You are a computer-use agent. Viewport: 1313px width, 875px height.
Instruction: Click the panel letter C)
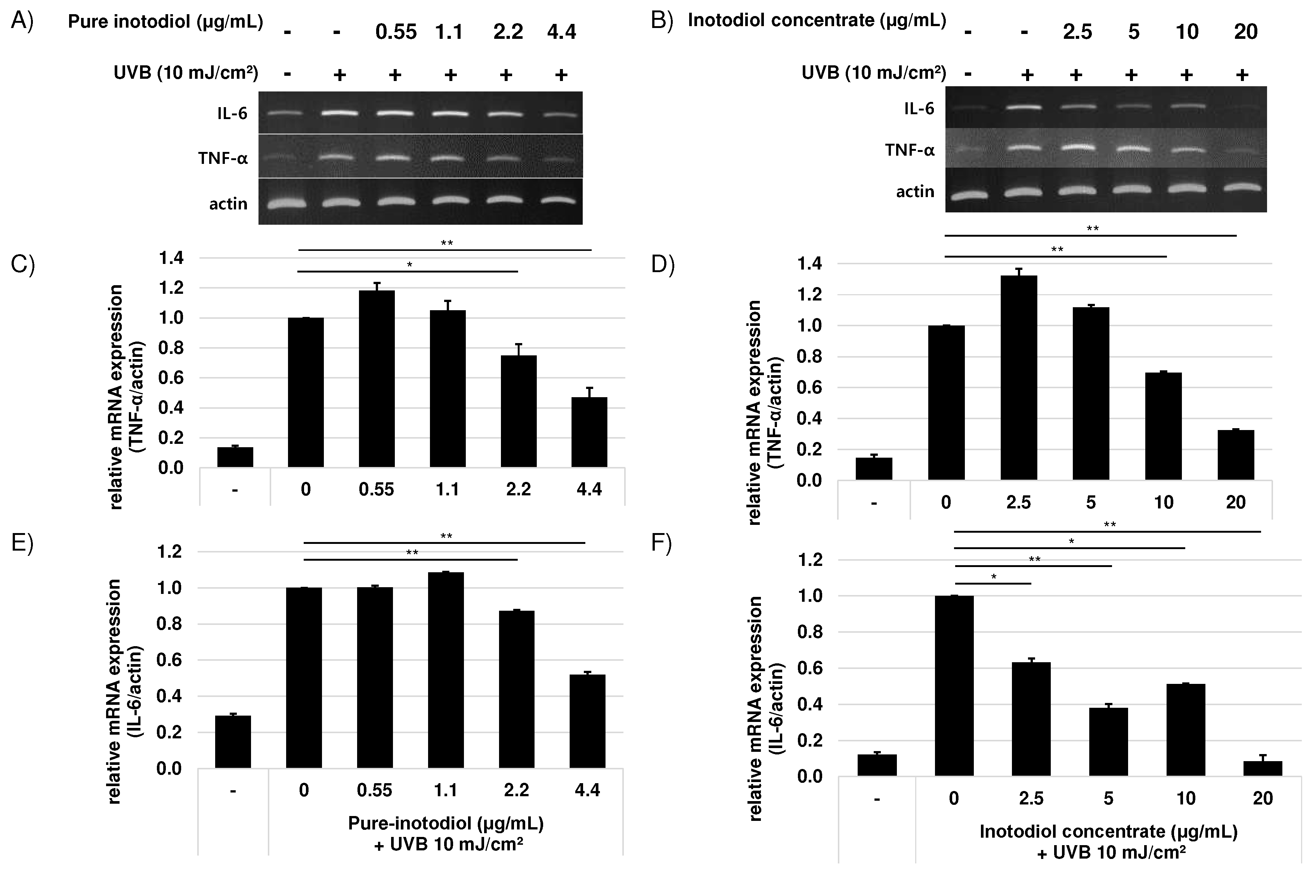tap(22, 265)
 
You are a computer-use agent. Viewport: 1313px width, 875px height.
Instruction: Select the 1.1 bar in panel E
tap(446, 670)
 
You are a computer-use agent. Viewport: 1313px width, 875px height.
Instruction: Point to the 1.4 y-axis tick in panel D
tap(810, 264)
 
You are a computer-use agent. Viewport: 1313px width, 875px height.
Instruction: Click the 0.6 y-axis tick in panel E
tap(169, 660)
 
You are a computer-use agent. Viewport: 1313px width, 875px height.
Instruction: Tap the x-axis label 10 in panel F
tap(1185, 798)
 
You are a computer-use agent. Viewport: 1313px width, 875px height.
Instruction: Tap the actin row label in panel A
tap(228, 204)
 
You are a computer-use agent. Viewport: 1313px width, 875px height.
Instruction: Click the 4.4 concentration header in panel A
tap(561, 32)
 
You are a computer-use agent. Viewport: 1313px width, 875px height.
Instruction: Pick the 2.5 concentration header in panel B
tap(1077, 32)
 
